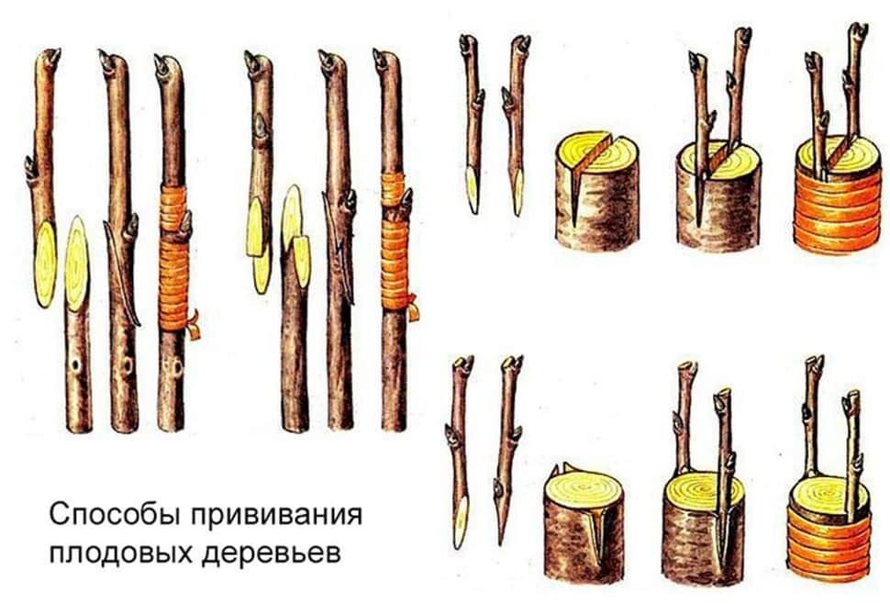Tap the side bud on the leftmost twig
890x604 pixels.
click(x=31, y=168)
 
